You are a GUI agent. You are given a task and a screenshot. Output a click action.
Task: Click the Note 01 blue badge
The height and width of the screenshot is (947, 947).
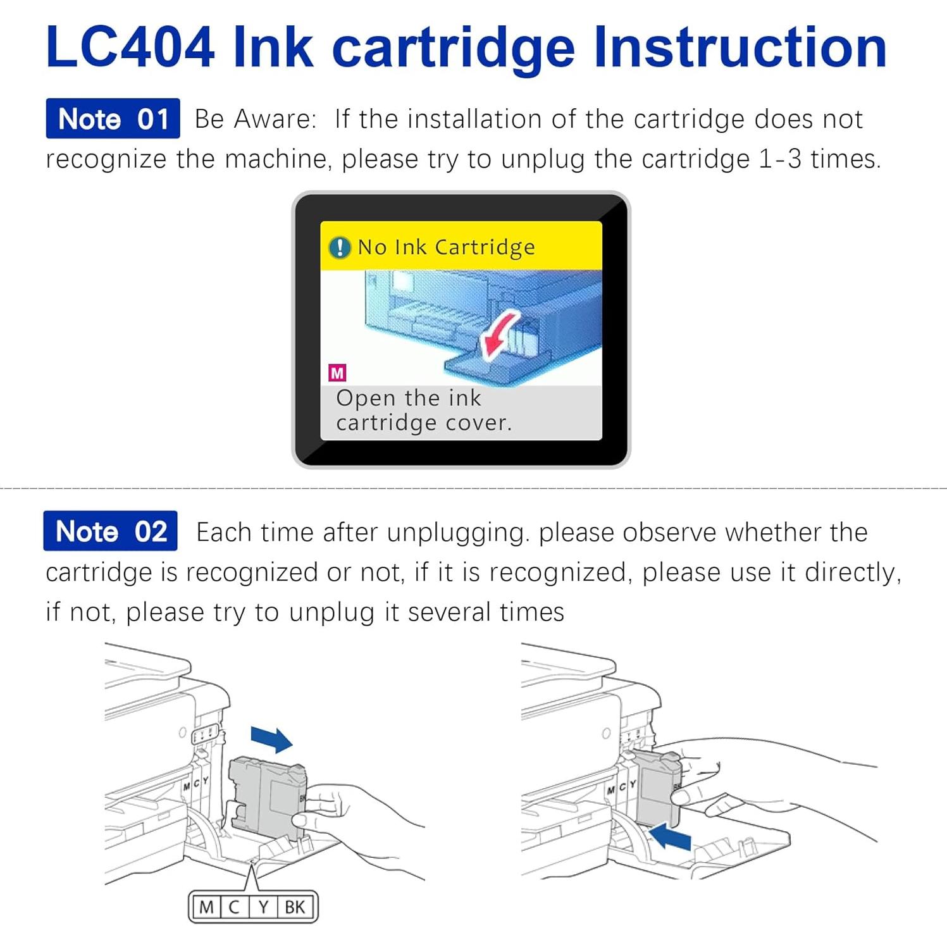click(113, 118)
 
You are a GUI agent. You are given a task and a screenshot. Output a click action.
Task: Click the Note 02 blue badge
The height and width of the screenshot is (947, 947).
click(110, 531)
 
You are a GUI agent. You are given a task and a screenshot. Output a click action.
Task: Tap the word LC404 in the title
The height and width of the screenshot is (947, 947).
click(130, 47)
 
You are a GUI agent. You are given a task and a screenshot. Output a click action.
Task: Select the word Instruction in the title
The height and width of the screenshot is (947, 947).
click(740, 47)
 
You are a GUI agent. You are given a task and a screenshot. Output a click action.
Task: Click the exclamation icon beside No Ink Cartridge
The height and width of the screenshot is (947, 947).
click(340, 247)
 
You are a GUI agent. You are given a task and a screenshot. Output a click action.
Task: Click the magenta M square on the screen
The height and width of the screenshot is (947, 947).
click(337, 373)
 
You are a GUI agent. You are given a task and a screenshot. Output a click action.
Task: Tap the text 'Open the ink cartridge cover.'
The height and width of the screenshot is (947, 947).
click(423, 411)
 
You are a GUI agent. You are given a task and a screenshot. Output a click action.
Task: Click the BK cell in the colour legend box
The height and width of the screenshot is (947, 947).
click(295, 907)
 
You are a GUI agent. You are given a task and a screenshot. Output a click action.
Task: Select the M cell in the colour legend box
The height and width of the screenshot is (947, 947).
click(206, 907)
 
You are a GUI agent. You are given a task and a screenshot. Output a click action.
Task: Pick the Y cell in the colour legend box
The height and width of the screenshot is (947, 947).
click(263, 907)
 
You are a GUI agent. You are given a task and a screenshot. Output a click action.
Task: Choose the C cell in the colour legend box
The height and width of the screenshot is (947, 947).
click(234, 907)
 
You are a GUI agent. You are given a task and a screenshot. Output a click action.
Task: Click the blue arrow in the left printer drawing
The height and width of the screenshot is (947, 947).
click(271, 738)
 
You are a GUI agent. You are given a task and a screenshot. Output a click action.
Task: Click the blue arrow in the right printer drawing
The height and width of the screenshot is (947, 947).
click(671, 838)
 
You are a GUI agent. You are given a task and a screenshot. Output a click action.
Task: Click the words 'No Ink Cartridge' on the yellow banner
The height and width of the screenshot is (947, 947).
click(446, 247)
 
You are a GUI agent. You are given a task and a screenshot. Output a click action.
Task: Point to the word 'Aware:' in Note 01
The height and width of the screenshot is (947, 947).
click(275, 119)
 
